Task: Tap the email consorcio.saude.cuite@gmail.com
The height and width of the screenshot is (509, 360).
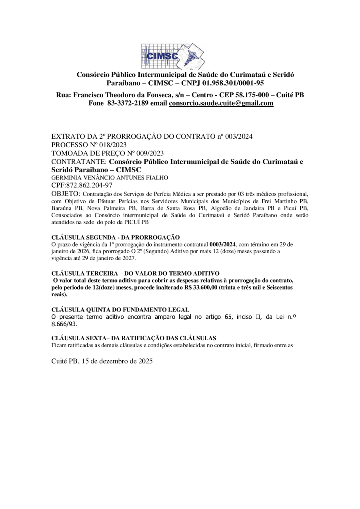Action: (x=221, y=103)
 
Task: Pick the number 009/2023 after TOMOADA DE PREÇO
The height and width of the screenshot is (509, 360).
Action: (x=140, y=153)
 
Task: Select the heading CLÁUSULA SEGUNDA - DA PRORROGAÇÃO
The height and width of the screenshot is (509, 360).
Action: (x=116, y=237)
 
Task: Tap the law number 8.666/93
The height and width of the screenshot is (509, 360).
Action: (x=64, y=325)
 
